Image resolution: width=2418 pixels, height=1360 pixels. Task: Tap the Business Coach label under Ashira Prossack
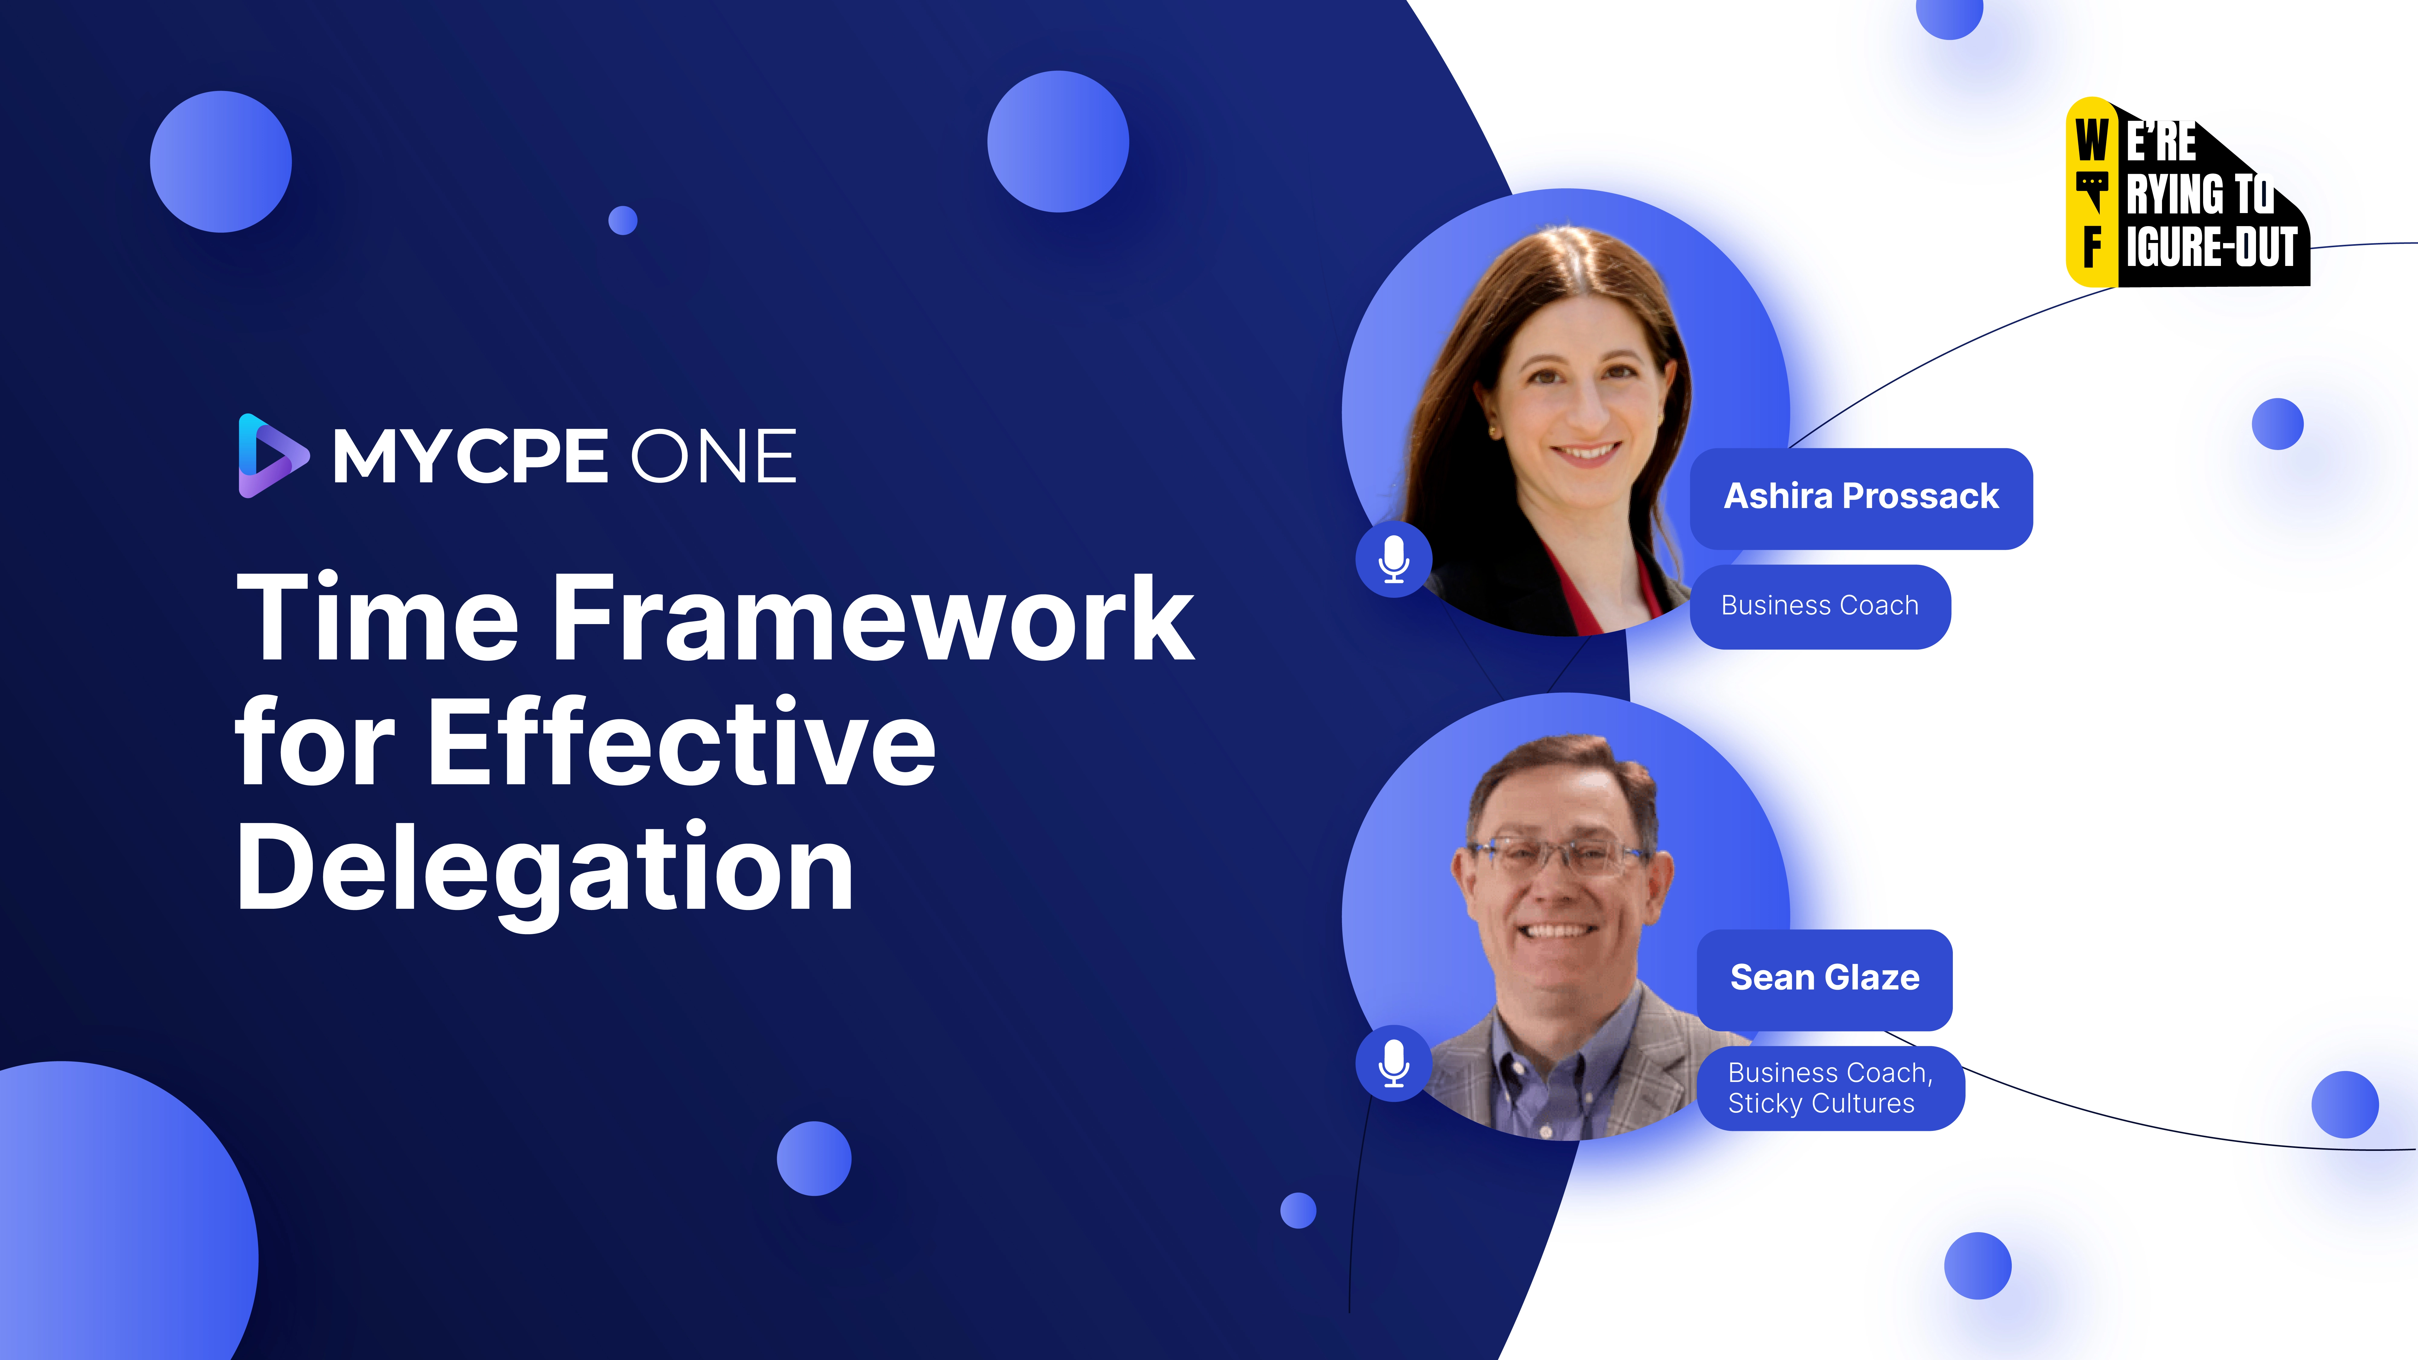point(1819,606)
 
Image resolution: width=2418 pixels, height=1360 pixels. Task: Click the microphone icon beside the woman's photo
point(1394,559)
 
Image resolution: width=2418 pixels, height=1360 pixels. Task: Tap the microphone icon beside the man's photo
point(1394,1064)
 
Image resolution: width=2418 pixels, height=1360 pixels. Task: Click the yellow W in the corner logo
point(2091,141)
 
